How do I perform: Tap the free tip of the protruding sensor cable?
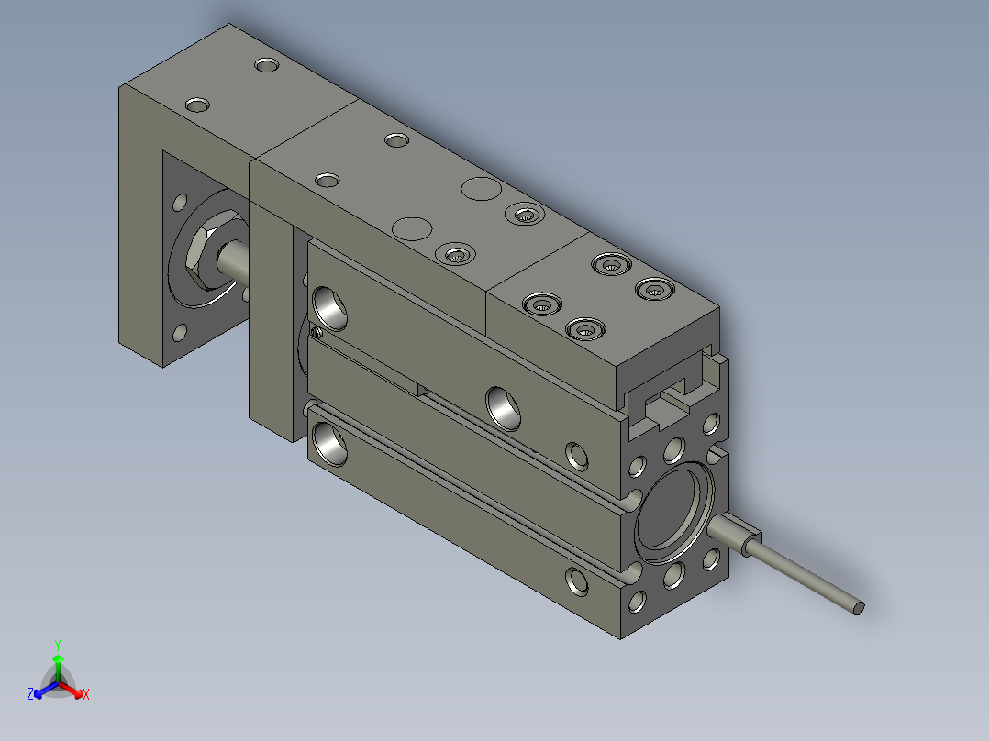[858, 606]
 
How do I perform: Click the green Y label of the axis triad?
[57, 645]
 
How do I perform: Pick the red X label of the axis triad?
[85, 695]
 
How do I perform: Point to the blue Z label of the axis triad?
[30, 695]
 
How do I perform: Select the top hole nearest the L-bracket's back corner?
[267, 66]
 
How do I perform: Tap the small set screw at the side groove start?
[317, 333]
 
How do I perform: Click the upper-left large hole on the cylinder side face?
[330, 305]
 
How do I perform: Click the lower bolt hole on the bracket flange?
[180, 333]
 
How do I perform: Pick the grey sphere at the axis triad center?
[58, 684]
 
